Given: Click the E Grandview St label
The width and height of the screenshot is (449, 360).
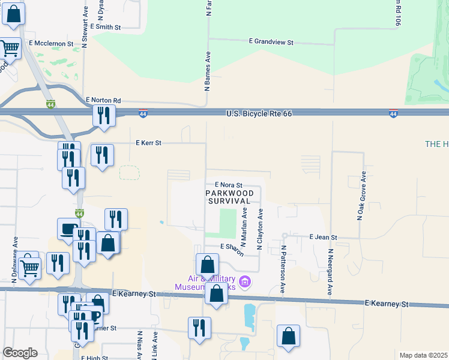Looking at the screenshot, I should [x=271, y=43].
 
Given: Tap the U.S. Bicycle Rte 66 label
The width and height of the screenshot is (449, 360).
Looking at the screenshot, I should [x=259, y=113].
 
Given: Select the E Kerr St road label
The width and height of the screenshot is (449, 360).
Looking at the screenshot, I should [x=149, y=143].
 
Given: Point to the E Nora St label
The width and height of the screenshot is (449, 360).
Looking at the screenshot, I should [x=228, y=185].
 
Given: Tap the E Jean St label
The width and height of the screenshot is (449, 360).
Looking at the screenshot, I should [x=324, y=238].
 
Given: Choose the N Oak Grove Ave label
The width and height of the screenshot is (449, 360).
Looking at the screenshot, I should [x=361, y=196].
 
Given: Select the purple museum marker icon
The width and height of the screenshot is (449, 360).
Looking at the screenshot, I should [x=244, y=281].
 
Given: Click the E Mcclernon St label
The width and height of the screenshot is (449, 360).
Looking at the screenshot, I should [x=51, y=44].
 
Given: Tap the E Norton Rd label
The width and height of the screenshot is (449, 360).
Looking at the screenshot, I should [x=103, y=100].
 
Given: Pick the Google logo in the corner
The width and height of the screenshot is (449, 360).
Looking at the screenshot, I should [x=20, y=353].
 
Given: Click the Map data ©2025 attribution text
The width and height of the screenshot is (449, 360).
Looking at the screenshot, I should [x=423, y=355].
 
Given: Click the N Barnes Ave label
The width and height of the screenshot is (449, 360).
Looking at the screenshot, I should [x=207, y=71].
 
